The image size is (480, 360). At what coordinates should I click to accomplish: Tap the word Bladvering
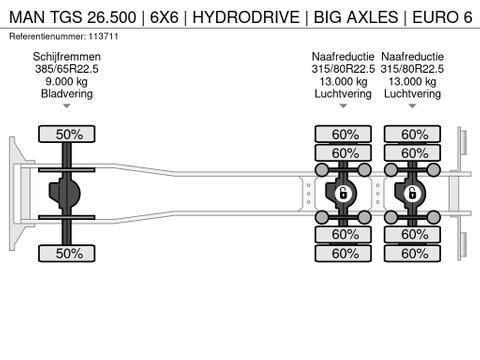67,93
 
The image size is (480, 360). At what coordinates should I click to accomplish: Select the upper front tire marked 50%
67,133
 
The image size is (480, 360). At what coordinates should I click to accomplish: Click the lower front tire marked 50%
67,254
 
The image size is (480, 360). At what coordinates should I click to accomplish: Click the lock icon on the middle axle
342,193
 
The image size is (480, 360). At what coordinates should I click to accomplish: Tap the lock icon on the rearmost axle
411,193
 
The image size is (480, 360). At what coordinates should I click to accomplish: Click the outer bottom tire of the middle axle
344,254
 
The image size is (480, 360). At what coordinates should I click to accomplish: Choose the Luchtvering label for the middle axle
342,93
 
